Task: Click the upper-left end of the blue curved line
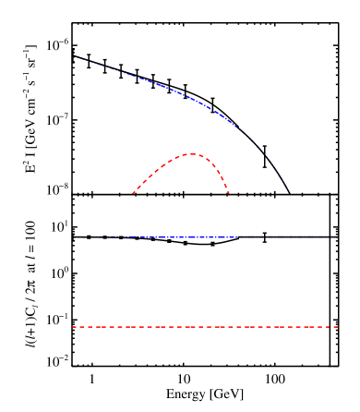click(x=79, y=59)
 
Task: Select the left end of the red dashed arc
click(x=133, y=193)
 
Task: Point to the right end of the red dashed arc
click(x=229, y=193)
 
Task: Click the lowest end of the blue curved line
click(x=294, y=196)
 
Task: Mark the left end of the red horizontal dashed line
click(x=73, y=327)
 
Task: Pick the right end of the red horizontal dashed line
click(x=338, y=327)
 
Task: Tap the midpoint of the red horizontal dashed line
click(x=205, y=327)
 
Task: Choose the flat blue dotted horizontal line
click(x=157, y=236)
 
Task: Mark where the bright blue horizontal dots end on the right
click(x=237, y=236)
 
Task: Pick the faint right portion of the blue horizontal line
click(x=286, y=236)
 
